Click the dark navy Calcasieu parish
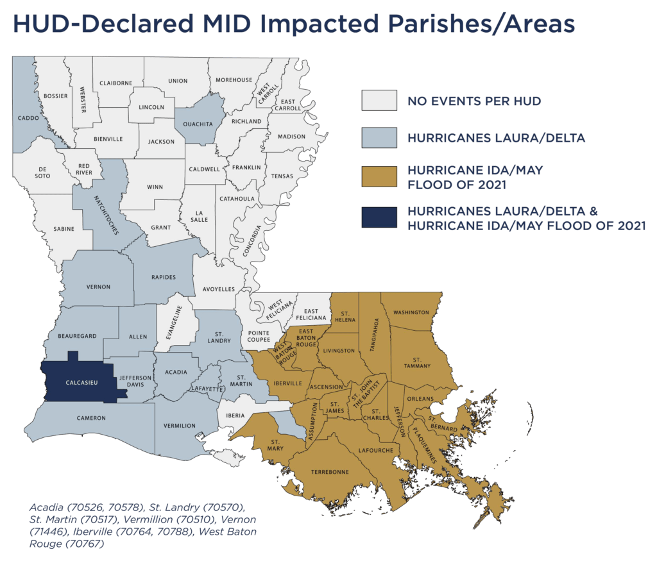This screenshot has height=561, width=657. click(x=80, y=383)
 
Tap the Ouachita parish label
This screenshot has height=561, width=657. click(x=198, y=125)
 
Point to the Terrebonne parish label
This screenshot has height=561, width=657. click(x=330, y=472)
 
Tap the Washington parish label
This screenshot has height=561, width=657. click(x=411, y=312)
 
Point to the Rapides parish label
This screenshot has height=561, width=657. click(x=164, y=278)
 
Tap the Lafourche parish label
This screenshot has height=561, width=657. click(x=375, y=451)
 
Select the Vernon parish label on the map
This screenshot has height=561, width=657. click(x=98, y=287)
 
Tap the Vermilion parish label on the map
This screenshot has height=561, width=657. click(x=180, y=426)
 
